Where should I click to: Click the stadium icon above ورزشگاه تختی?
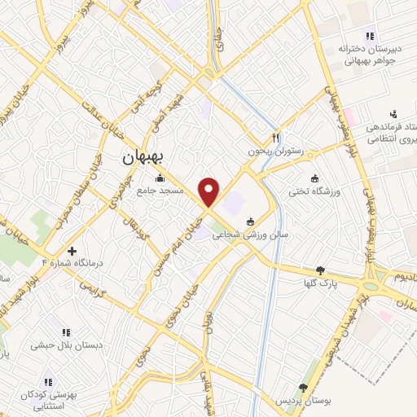pos(314,178)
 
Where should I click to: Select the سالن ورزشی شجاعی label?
pos(245,234)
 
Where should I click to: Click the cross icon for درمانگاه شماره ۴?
pos(72,252)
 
